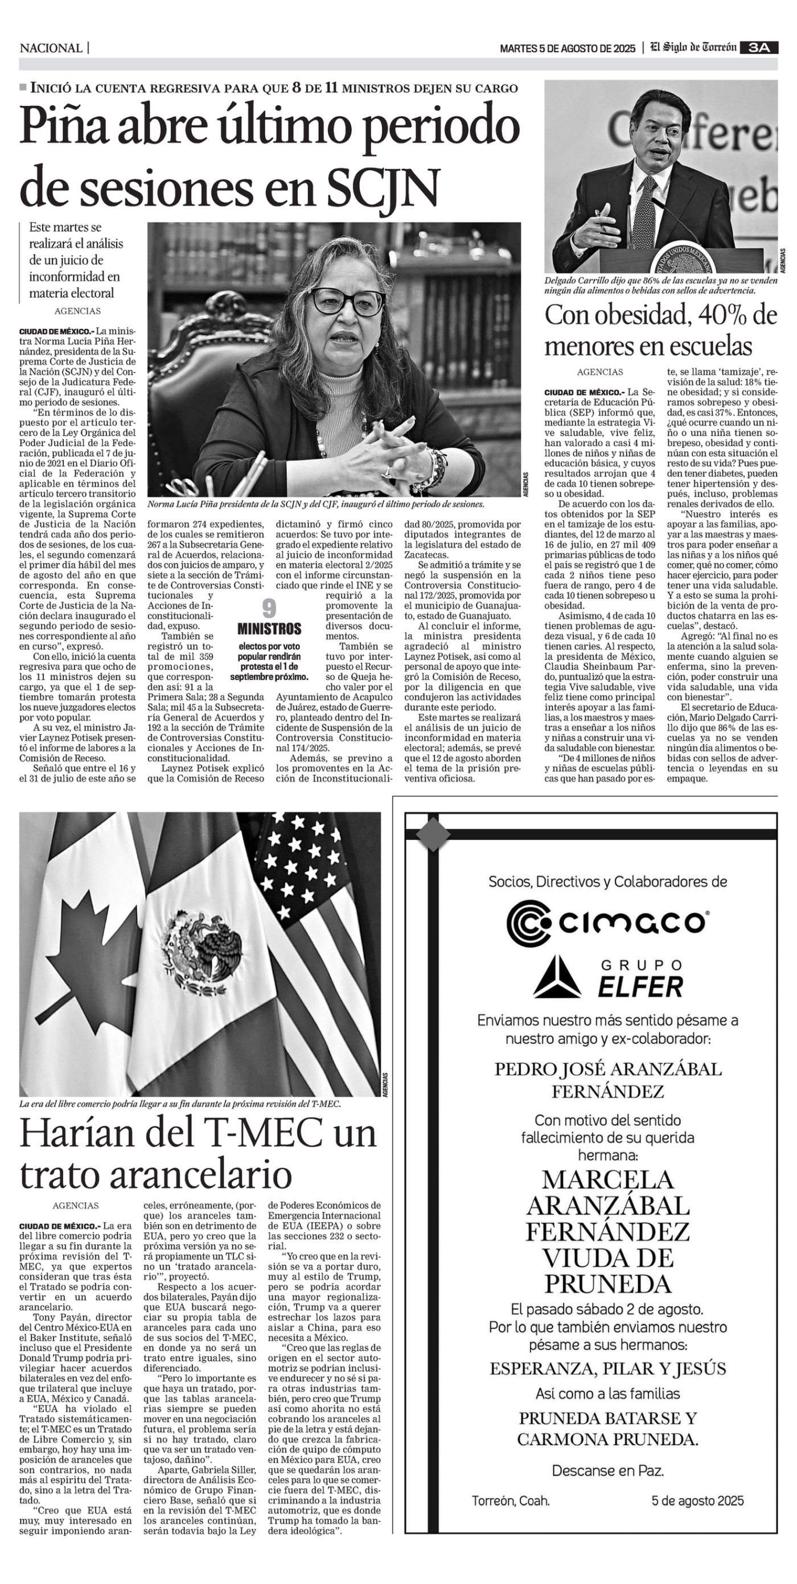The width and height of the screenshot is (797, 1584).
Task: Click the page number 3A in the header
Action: click(759, 48)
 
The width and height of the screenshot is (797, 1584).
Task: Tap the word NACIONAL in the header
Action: click(51, 48)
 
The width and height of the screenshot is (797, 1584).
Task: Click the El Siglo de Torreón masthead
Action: click(694, 48)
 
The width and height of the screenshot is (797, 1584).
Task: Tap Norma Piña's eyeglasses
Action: click(346, 302)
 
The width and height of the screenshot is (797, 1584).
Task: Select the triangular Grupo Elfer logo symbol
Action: click(557, 979)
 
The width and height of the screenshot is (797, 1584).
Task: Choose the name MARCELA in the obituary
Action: click(607, 1179)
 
